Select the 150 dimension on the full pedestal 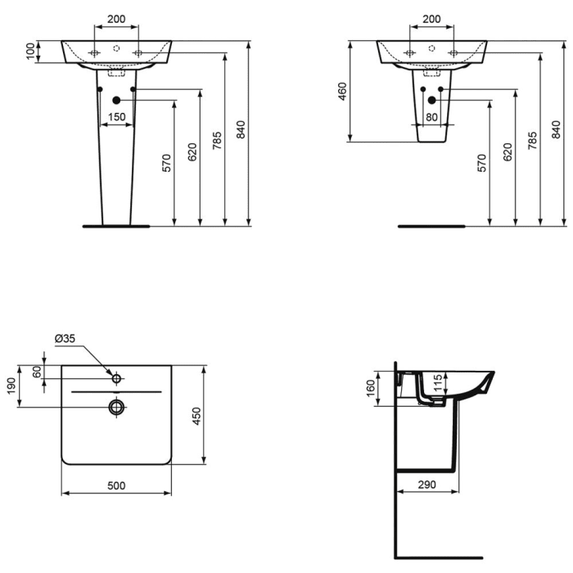(116, 117)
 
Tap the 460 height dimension (342, 92)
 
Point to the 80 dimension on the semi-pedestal (431, 117)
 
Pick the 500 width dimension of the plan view (116, 485)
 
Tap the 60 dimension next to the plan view (37, 371)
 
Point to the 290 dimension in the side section (425, 485)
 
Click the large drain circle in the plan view (116, 406)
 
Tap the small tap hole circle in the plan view (116, 378)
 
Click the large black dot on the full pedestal (116, 101)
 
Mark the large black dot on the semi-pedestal (431, 101)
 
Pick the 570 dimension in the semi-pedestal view (482, 163)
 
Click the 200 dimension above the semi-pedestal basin (431, 18)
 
